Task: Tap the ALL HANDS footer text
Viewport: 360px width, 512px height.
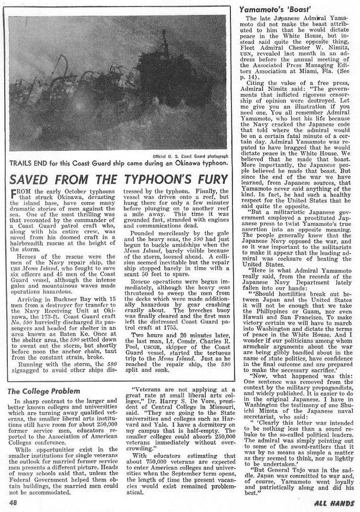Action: [x=334, y=501]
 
